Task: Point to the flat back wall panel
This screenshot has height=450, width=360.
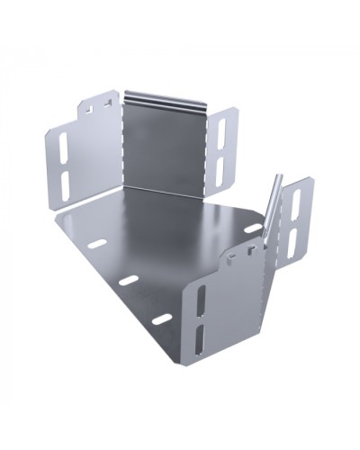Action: click(166, 144)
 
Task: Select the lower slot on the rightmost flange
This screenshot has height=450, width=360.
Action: click(292, 239)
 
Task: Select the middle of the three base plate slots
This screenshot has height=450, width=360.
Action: click(130, 280)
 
